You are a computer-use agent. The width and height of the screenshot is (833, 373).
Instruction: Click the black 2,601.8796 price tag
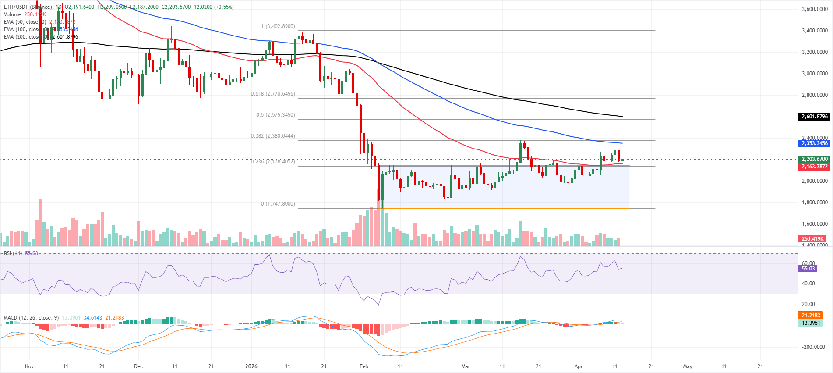tap(815, 117)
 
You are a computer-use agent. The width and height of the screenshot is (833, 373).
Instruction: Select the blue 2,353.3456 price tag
tap(815, 143)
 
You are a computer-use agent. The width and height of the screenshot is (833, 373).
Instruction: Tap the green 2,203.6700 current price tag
tap(815, 159)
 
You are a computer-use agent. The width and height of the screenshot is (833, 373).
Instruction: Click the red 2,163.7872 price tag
tap(815, 167)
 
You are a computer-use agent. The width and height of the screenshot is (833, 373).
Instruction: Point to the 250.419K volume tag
tap(813, 239)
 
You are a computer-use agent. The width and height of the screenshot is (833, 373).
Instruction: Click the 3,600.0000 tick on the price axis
tap(815, 9)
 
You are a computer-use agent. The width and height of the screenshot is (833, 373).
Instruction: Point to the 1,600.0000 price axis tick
tap(815, 224)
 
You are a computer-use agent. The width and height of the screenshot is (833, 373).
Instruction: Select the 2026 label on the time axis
tap(251, 366)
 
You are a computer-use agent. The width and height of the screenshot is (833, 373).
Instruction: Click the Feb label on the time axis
tap(364, 366)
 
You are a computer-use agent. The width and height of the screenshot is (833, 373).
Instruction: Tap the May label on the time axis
tap(688, 366)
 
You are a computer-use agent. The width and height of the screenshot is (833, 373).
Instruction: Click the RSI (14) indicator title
tap(13, 253)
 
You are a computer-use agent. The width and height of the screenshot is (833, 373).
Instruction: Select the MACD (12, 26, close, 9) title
tap(31, 318)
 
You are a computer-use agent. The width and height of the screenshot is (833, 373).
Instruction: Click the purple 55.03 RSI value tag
tap(808, 269)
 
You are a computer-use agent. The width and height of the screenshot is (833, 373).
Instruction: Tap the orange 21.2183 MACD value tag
tap(811, 316)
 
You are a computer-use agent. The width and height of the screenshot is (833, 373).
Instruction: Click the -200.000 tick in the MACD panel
tap(814, 347)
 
